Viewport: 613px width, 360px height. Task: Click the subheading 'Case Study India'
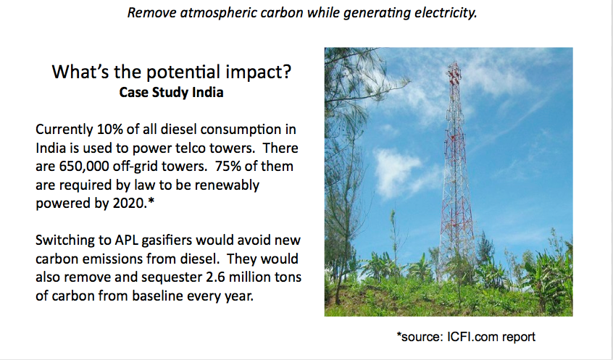tap(171, 92)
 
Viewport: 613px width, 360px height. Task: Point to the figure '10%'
tap(110, 129)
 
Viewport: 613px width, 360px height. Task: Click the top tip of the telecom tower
tap(454, 62)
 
